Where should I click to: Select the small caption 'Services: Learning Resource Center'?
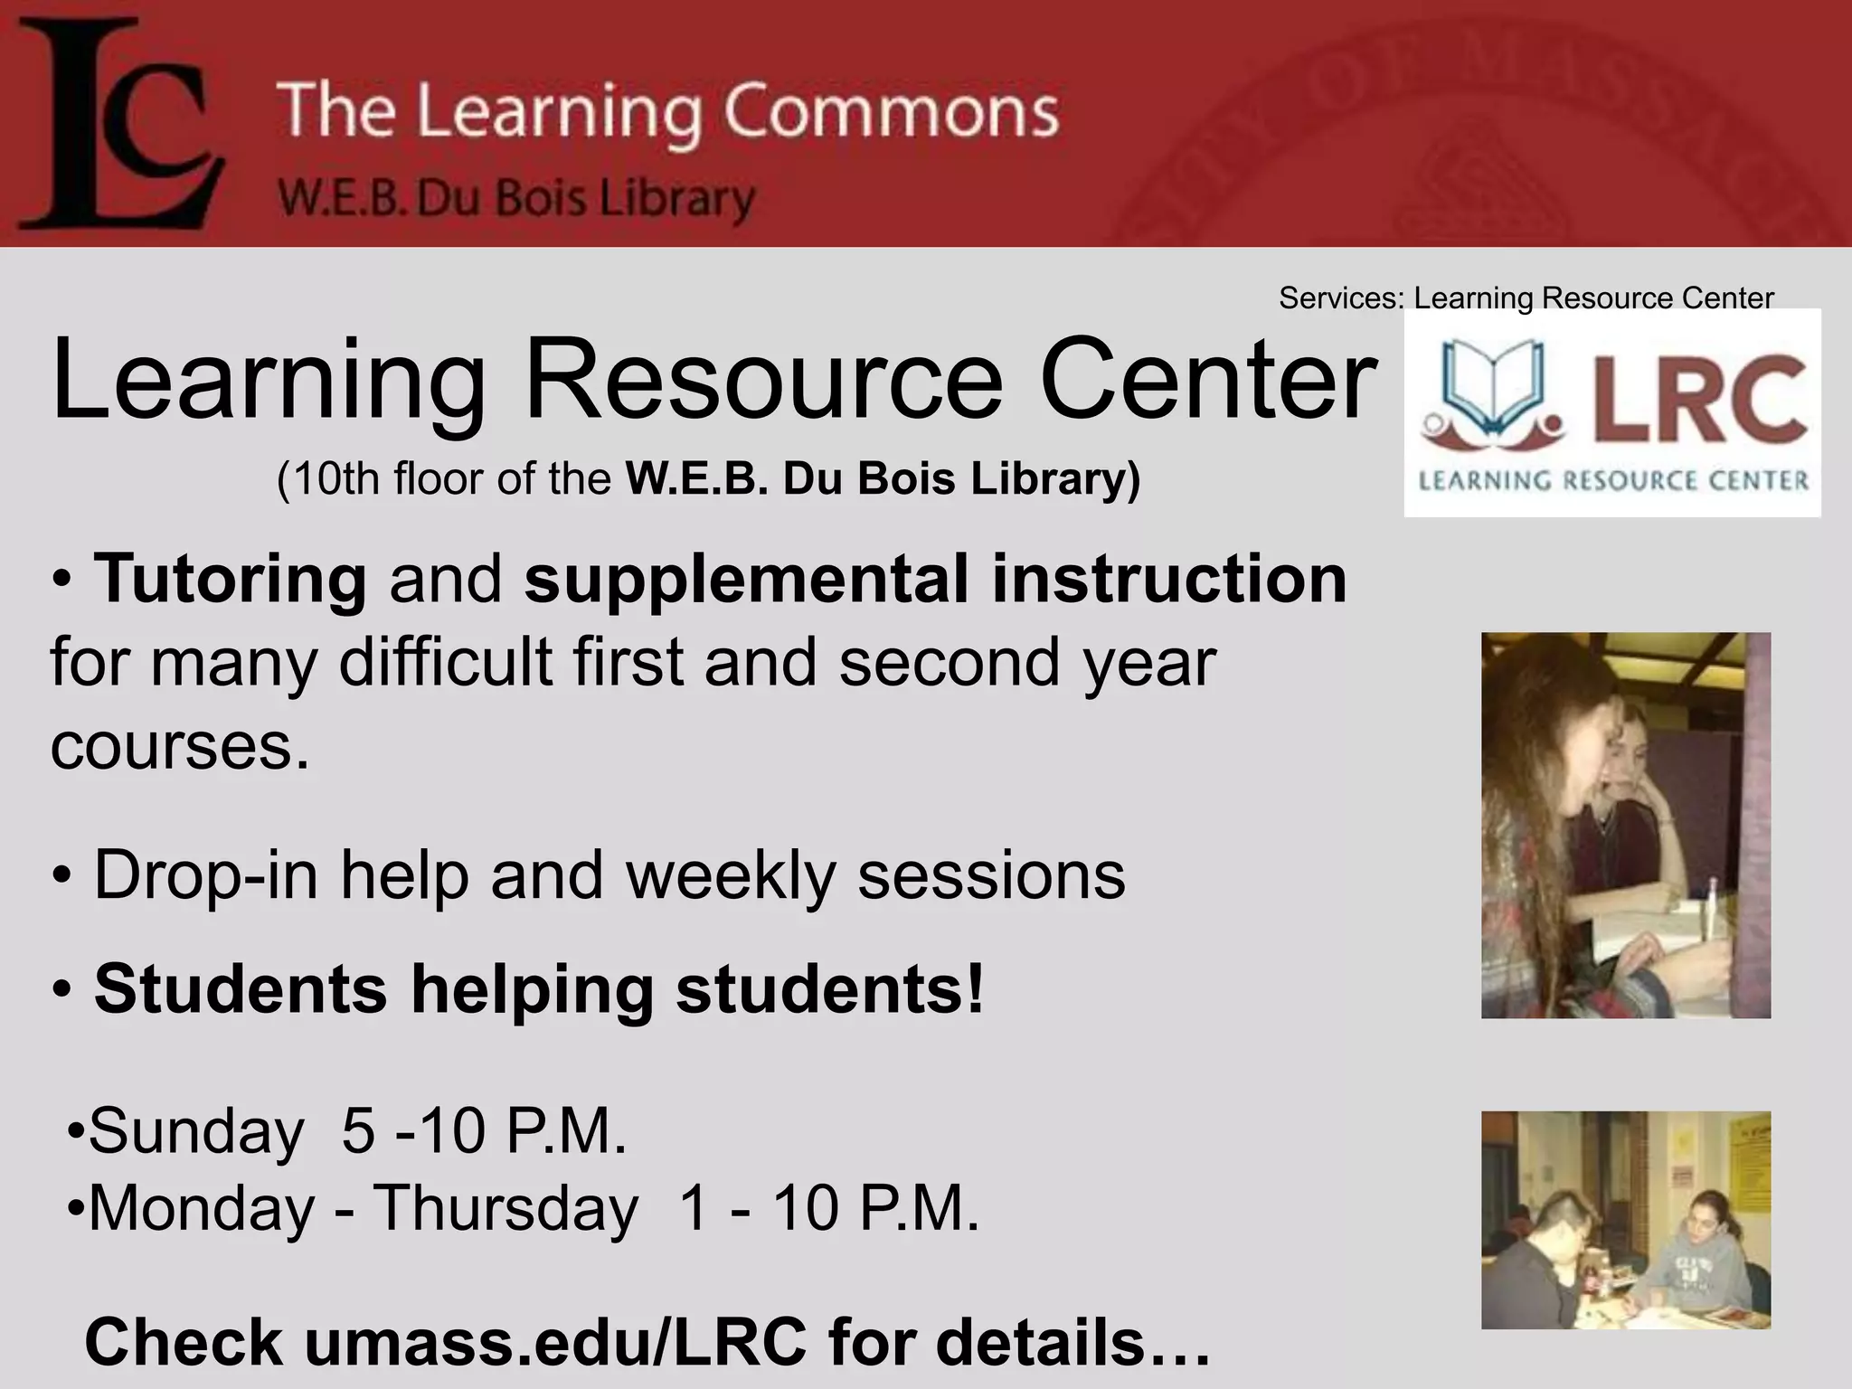1526,298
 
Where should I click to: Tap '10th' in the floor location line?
335,478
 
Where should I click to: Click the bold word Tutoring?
231,578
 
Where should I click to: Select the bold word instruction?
1169,578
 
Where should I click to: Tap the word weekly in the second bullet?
731,874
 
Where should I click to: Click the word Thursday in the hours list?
506,1208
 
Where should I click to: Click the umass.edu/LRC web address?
555,1343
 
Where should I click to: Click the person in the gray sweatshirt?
1700,1257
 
